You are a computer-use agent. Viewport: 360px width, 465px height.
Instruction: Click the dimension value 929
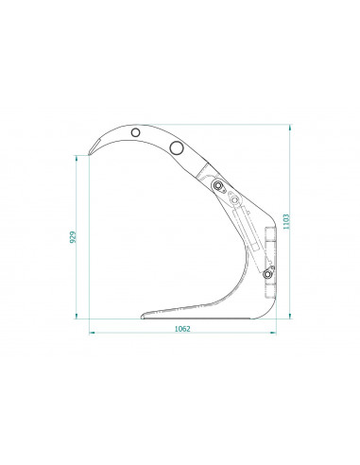[73, 237]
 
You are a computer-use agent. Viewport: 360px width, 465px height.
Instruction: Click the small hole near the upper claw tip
[136, 132]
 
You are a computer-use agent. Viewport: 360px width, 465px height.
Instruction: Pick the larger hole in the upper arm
[175, 147]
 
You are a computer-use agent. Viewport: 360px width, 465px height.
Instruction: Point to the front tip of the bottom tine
[143, 314]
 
